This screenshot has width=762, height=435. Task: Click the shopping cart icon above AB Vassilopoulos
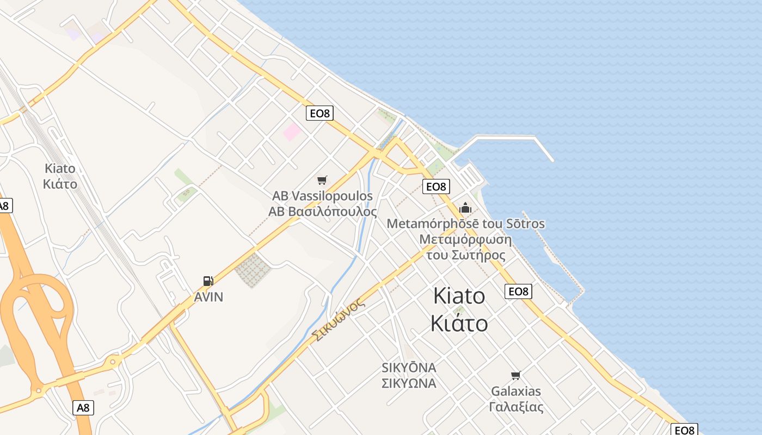click(322, 180)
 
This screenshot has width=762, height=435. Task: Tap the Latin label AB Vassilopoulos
click(323, 196)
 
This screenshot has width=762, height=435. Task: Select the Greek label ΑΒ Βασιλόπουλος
click(323, 212)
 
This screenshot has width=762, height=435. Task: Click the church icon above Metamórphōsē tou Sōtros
click(465, 208)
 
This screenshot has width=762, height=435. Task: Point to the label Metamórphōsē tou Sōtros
click(465, 223)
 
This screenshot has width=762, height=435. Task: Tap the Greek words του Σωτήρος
click(465, 255)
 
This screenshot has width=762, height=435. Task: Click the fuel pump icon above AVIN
click(208, 281)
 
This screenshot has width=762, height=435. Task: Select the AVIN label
click(208, 297)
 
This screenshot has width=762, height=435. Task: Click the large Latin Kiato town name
click(459, 296)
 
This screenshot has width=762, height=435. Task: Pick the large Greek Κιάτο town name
click(459, 323)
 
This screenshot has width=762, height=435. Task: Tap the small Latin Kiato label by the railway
click(60, 168)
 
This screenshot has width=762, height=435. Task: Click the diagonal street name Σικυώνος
click(339, 321)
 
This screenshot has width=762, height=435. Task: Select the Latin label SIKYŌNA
click(409, 368)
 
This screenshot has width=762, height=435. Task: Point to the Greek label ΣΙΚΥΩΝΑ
click(409, 383)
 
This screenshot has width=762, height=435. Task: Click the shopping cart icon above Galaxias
click(515, 375)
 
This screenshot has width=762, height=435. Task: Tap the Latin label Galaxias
click(516, 391)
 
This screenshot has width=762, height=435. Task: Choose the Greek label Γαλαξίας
click(516, 407)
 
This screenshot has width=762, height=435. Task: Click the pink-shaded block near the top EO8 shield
click(292, 132)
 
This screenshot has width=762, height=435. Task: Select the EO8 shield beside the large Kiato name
click(518, 291)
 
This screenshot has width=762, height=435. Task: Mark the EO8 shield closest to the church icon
click(436, 187)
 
